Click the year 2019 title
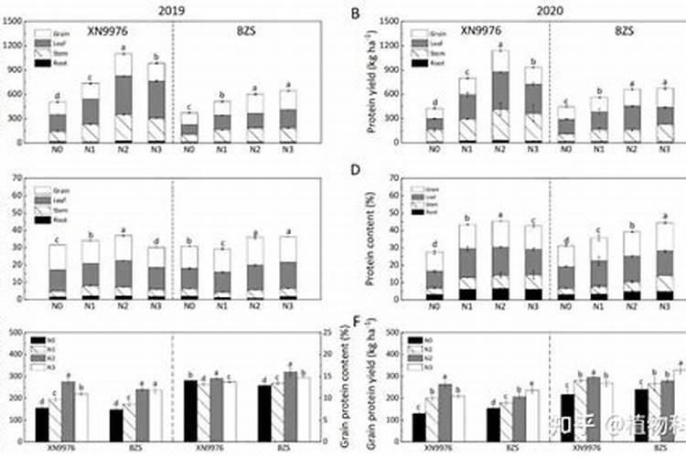[x=171, y=10]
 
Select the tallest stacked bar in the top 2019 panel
[x=123, y=98]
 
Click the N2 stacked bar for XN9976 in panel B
[x=499, y=96]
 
